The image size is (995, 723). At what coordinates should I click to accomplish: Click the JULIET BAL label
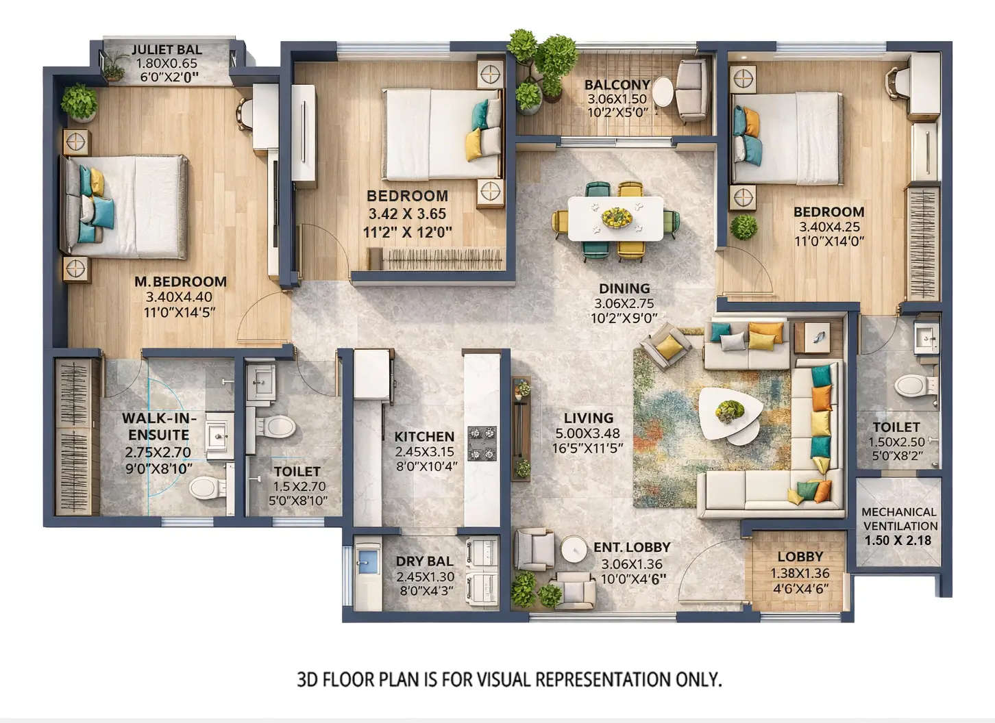click(x=167, y=49)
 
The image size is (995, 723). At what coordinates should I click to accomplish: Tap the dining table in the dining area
click(x=615, y=218)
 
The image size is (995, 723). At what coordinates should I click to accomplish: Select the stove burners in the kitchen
click(x=482, y=444)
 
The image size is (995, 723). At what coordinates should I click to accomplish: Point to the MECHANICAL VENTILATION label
click(x=899, y=519)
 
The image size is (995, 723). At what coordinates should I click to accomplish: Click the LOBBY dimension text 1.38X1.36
click(x=800, y=574)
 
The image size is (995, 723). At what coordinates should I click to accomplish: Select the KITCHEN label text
click(x=424, y=436)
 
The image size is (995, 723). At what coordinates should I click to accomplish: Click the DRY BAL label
click(x=424, y=561)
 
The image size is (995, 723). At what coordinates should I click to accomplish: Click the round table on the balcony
click(x=662, y=92)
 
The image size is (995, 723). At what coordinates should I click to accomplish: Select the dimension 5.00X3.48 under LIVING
click(x=588, y=433)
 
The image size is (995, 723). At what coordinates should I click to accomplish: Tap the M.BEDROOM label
click(x=180, y=281)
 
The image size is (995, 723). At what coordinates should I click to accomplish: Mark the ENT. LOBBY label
click(x=631, y=547)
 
